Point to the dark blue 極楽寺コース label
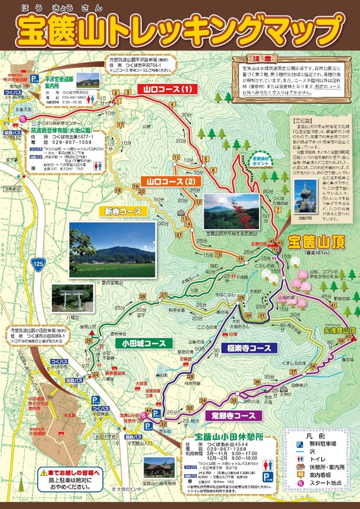[x=246, y=348]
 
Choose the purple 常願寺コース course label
[x=230, y=416]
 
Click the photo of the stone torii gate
[x=72, y=298]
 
